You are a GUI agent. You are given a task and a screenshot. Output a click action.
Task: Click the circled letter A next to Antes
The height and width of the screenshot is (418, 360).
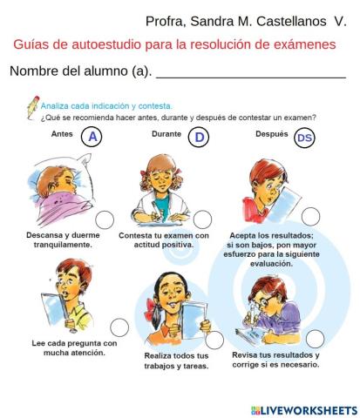pos(92,137)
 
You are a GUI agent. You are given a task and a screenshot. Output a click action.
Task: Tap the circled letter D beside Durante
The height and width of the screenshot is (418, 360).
pos(200,137)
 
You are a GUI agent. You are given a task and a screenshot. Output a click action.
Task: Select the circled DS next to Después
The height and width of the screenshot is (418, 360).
pos(304,138)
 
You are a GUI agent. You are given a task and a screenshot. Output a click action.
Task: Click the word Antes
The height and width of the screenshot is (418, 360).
pos(63,134)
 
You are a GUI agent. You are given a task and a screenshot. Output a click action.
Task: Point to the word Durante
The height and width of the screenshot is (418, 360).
pos(166,134)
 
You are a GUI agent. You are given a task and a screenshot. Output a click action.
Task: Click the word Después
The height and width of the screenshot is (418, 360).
pos(271,134)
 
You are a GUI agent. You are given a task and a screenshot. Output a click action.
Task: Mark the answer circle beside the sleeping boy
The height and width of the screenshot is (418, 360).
pos(105,219)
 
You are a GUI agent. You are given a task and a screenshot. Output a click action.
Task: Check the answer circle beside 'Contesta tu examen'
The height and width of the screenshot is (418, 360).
pos(202,219)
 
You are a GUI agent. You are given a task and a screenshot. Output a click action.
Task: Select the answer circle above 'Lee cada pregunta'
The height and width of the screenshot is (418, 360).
pos(119,327)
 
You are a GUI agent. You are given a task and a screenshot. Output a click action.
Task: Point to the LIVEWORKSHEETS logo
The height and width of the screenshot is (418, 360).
pos(303,409)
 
